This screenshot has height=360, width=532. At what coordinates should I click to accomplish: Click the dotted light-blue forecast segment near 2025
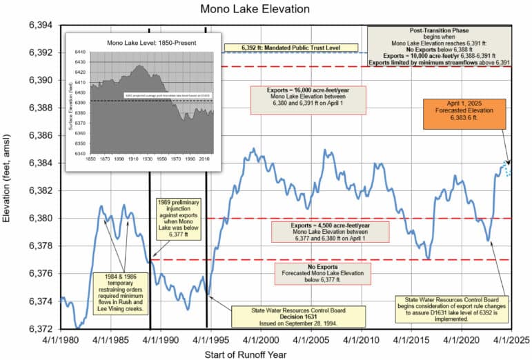(509, 169)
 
